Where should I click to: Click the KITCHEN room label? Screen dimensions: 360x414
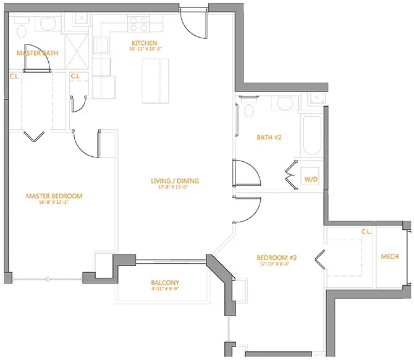(x=139, y=43)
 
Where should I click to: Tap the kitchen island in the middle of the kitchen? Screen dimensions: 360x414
(x=156, y=80)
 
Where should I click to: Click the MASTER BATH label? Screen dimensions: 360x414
(x=38, y=53)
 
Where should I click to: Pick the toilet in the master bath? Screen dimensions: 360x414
(x=22, y=31)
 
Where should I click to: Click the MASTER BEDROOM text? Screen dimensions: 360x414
(x=54, y=196)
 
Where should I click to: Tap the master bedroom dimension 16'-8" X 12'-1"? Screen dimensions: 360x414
(x=54, y=203)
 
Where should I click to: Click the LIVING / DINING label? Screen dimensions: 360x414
(x=175, y=181)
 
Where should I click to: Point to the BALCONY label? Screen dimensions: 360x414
(x=165, y=283)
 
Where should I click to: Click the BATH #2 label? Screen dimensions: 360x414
(x=269, y=137)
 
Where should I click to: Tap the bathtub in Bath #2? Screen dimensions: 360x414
(x=311, y=136)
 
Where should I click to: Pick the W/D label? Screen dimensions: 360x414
(x=310, y=179)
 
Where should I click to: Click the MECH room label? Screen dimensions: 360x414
(x=389, y=256)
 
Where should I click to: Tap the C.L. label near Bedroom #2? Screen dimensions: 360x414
(x=366, y=232)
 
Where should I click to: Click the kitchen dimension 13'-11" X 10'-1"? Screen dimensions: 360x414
(x=139, y=49)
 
